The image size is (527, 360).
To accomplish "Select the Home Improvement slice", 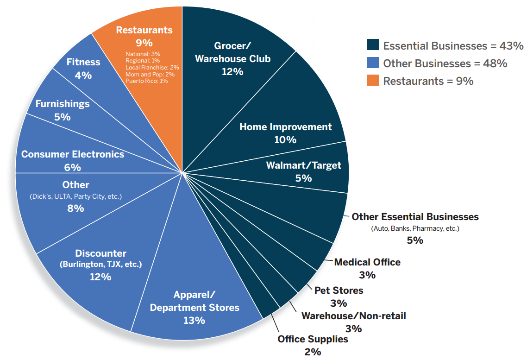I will point(285,133).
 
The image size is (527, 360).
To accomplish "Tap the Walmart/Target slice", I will point(303,171).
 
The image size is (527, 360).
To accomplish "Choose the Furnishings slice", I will point(62,110).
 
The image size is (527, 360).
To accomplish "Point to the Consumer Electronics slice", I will point(73,160).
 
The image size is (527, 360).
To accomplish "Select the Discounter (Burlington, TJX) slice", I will point(100,265).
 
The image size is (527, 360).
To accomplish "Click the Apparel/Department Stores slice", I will point(194,307).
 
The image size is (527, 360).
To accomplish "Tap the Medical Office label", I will point(367,262).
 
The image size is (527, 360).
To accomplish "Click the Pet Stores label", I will point(339,291).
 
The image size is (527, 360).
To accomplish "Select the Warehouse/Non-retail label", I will point(353,316).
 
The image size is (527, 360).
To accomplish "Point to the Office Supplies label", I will point(313,339).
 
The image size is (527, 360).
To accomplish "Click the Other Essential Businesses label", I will point(415,217).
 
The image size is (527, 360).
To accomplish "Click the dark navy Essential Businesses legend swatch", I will point(373,45).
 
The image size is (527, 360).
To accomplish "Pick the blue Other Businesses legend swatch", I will point(373,63).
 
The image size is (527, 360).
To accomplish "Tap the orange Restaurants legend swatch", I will point(373,81).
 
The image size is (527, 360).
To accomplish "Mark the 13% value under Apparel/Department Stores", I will point(194,320).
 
